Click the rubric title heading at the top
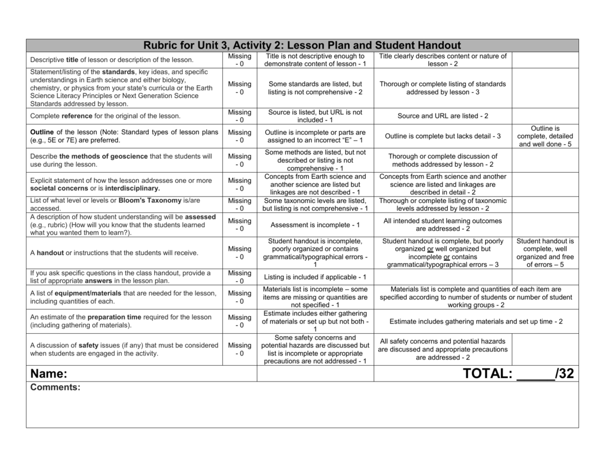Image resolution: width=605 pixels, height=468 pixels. (302, 46)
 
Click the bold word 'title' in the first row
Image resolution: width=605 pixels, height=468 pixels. (72, 60)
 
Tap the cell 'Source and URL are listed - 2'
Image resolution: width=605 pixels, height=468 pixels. (443, 117)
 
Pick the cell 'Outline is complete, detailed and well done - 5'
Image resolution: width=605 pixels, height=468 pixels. (545, 136)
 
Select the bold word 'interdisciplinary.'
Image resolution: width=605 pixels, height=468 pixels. (132, 189)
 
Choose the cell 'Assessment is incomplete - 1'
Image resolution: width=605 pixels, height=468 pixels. (315, 225)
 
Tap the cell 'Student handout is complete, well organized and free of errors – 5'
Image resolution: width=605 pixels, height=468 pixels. (545, 253)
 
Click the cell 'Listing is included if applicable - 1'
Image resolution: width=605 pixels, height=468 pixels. (315, 277)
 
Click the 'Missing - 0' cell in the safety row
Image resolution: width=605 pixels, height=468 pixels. (239, 350)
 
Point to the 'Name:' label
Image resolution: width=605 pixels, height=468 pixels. (48, 374)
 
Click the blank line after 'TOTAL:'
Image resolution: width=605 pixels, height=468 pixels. (535, 375)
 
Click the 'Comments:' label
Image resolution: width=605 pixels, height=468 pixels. (55, 388)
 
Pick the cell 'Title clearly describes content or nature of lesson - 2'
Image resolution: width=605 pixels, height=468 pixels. (443, 60)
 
